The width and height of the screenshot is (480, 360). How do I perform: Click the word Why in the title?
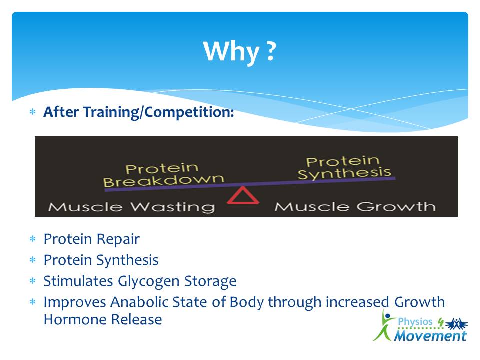point(231,52)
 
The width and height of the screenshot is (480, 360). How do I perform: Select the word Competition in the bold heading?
point(189,112)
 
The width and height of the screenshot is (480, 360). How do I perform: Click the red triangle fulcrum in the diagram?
point(243,195)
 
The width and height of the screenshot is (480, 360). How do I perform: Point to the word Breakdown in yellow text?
point(164,181)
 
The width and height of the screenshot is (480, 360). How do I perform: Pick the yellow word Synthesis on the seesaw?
point(344,173)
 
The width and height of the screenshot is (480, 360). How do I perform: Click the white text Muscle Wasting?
point(131,207)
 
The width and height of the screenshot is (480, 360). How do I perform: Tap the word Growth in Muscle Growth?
point(396,206)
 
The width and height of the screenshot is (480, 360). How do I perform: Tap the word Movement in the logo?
point(430,336)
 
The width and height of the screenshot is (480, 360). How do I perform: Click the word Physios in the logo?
point(415,322)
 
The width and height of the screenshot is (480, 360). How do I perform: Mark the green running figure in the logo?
point(384,326)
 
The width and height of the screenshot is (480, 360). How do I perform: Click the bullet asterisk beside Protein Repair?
point(33,239)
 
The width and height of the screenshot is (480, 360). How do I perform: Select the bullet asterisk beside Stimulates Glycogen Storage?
point(33,281)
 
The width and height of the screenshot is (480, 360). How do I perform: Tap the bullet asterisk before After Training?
point(33,112)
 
